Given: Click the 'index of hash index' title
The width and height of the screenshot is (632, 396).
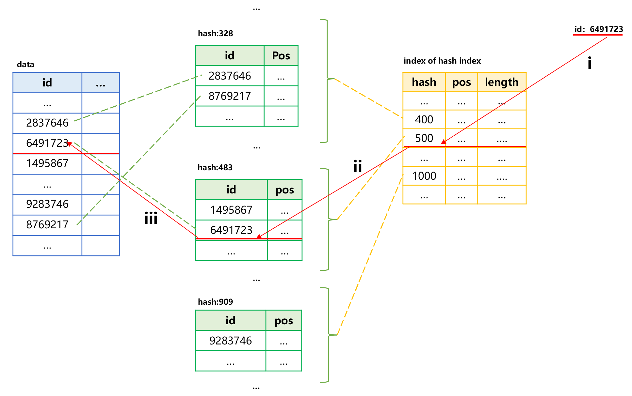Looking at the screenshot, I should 442,61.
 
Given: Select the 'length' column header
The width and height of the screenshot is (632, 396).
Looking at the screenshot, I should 501,82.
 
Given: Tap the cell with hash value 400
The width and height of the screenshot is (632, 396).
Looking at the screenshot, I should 424,119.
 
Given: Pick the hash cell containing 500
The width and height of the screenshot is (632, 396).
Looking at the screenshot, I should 424,138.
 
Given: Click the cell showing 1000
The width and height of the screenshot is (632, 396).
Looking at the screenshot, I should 424,176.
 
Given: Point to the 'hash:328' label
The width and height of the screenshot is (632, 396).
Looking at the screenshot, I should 215,33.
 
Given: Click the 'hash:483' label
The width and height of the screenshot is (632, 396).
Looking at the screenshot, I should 215,167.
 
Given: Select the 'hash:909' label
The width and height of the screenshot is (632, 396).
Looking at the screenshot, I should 215,302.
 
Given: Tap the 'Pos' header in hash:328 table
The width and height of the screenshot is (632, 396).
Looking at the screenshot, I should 281,55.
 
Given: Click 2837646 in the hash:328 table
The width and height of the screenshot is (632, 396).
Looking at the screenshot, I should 230,76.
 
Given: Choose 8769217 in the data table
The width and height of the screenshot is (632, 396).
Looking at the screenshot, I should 47,224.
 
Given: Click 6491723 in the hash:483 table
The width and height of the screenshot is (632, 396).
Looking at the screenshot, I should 231,230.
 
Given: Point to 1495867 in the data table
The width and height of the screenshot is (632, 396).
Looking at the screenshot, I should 47,163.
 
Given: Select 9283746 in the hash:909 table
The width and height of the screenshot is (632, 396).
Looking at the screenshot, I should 231,341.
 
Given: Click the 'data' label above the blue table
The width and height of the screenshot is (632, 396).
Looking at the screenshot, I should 25,64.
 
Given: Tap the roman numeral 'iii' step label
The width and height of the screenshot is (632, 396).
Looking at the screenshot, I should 151,218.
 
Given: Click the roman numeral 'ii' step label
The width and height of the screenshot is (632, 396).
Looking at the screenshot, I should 358,166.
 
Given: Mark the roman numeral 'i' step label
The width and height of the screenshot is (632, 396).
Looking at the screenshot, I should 589,63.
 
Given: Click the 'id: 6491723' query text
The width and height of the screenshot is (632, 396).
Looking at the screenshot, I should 598,29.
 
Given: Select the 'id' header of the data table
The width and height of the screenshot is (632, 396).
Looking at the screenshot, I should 47,83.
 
